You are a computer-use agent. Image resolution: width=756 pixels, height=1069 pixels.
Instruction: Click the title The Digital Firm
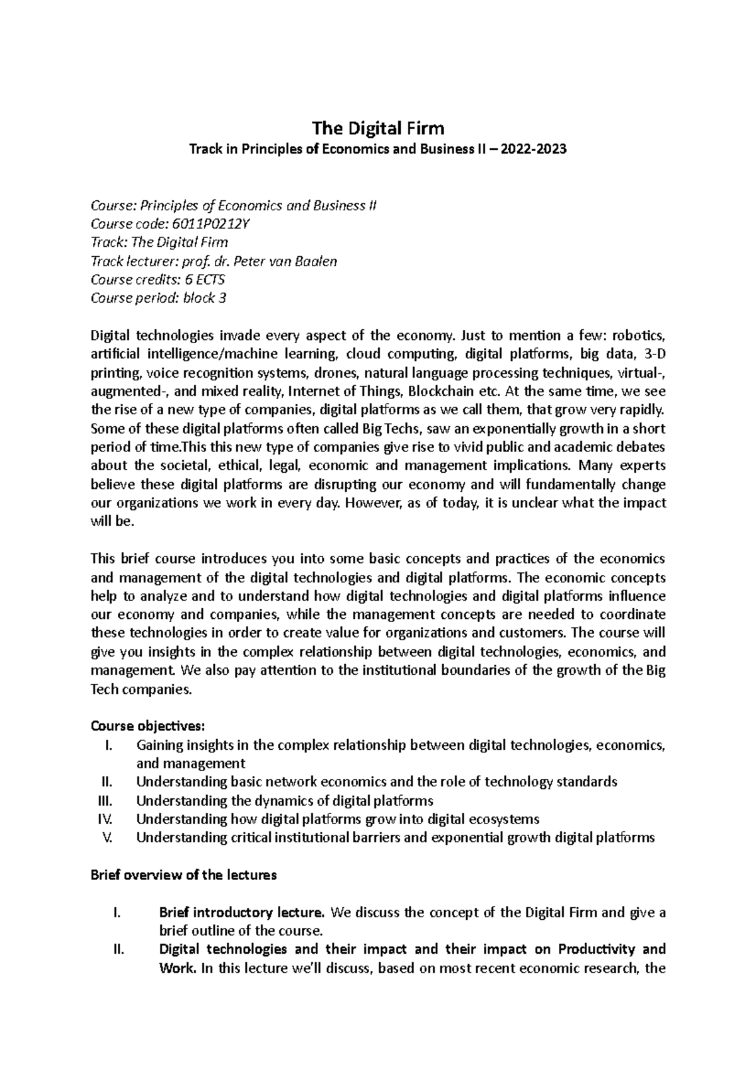coord(378,128)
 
